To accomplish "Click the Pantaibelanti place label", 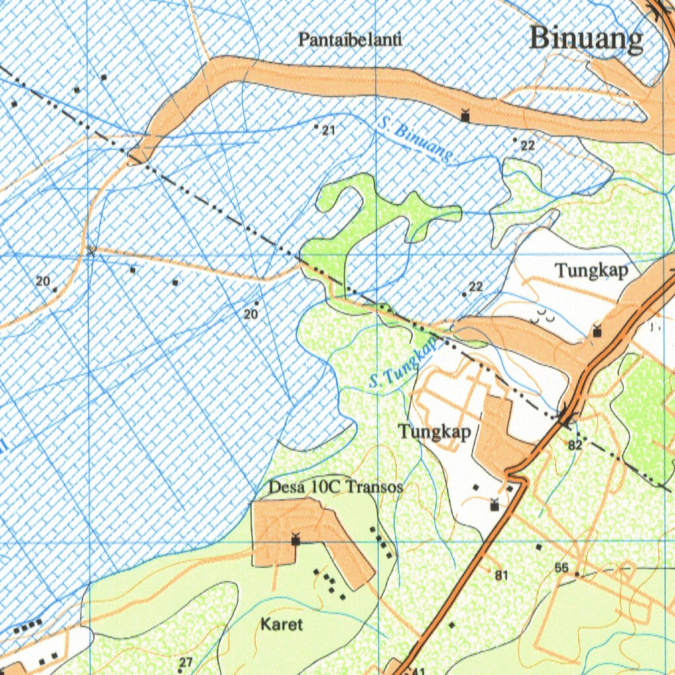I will point(349,40).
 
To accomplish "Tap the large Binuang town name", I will point(586,39).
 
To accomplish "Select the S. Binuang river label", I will point(416,140).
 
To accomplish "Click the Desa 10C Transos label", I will point(336,487).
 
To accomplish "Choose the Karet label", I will point(281,624).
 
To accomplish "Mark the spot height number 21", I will point(328,131).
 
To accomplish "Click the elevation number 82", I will point(575,446).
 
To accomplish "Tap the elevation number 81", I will point(502,575).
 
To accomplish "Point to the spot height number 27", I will point(186,662).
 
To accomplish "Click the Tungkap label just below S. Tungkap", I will point(434,432).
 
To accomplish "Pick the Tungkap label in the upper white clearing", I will point(591,270).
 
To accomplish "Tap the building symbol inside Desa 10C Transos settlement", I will point(295,540).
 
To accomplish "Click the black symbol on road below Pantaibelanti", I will point(465,117).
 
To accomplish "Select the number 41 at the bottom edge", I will point(417,670).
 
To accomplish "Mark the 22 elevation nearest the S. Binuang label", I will point(527,146).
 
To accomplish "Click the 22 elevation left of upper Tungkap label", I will point(475,287).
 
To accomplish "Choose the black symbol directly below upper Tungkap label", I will point(597,331).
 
